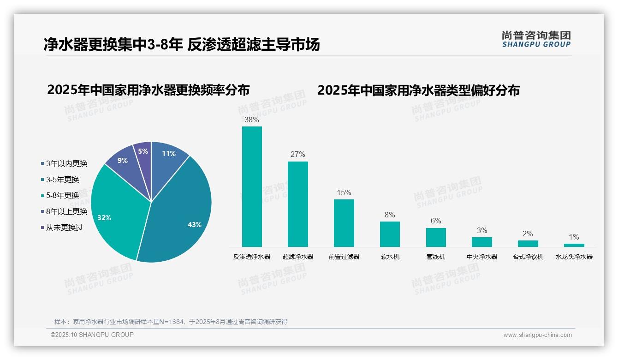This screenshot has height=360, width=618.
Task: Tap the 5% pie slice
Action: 143,152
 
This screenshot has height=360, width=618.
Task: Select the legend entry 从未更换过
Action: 64,228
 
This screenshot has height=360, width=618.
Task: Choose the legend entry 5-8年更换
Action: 62,195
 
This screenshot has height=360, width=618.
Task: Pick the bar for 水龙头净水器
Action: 574,245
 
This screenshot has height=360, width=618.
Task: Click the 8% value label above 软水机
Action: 390,215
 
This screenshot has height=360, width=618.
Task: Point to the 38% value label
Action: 252,120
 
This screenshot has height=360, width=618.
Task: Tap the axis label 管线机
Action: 436,257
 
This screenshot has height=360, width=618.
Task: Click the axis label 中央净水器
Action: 482,257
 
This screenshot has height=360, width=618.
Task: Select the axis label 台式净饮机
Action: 528,257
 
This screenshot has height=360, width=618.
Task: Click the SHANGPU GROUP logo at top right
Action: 536,39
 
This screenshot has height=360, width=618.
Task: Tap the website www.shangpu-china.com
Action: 537,335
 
